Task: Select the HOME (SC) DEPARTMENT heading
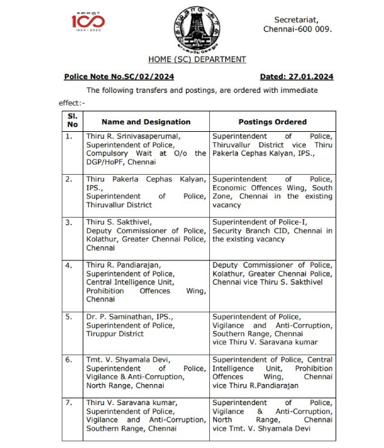coord(196,60)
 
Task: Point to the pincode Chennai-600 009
coord(298,30)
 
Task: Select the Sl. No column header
coord(72,121)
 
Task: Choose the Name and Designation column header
coord(146,122)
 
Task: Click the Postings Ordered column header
coord(272,122)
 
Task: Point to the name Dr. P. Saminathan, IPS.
coord(129,317)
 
